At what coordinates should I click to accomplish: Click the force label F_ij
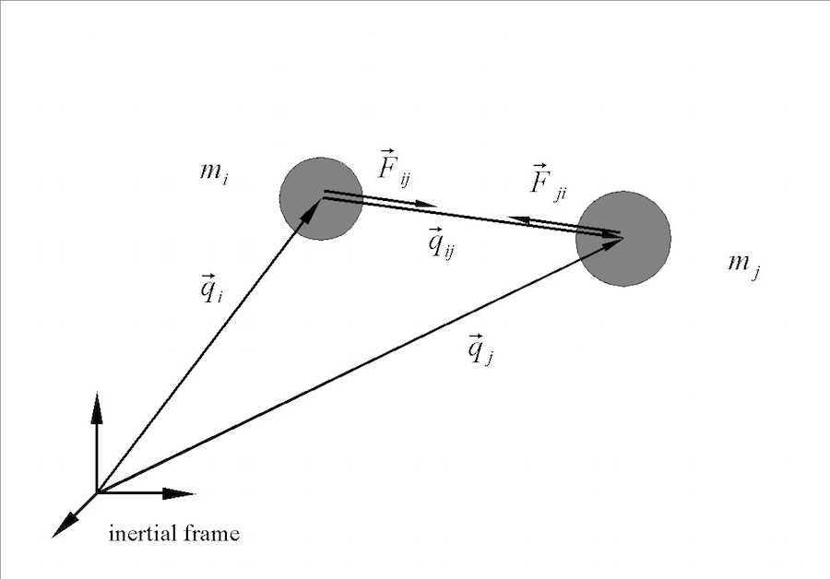[x=391, y=169]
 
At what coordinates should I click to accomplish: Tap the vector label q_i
[x=209, y=289]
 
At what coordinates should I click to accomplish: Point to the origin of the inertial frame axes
[x=97, y=492]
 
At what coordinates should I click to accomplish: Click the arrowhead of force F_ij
[x=425, y=203]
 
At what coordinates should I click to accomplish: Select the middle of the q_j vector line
[x=360, y=365]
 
